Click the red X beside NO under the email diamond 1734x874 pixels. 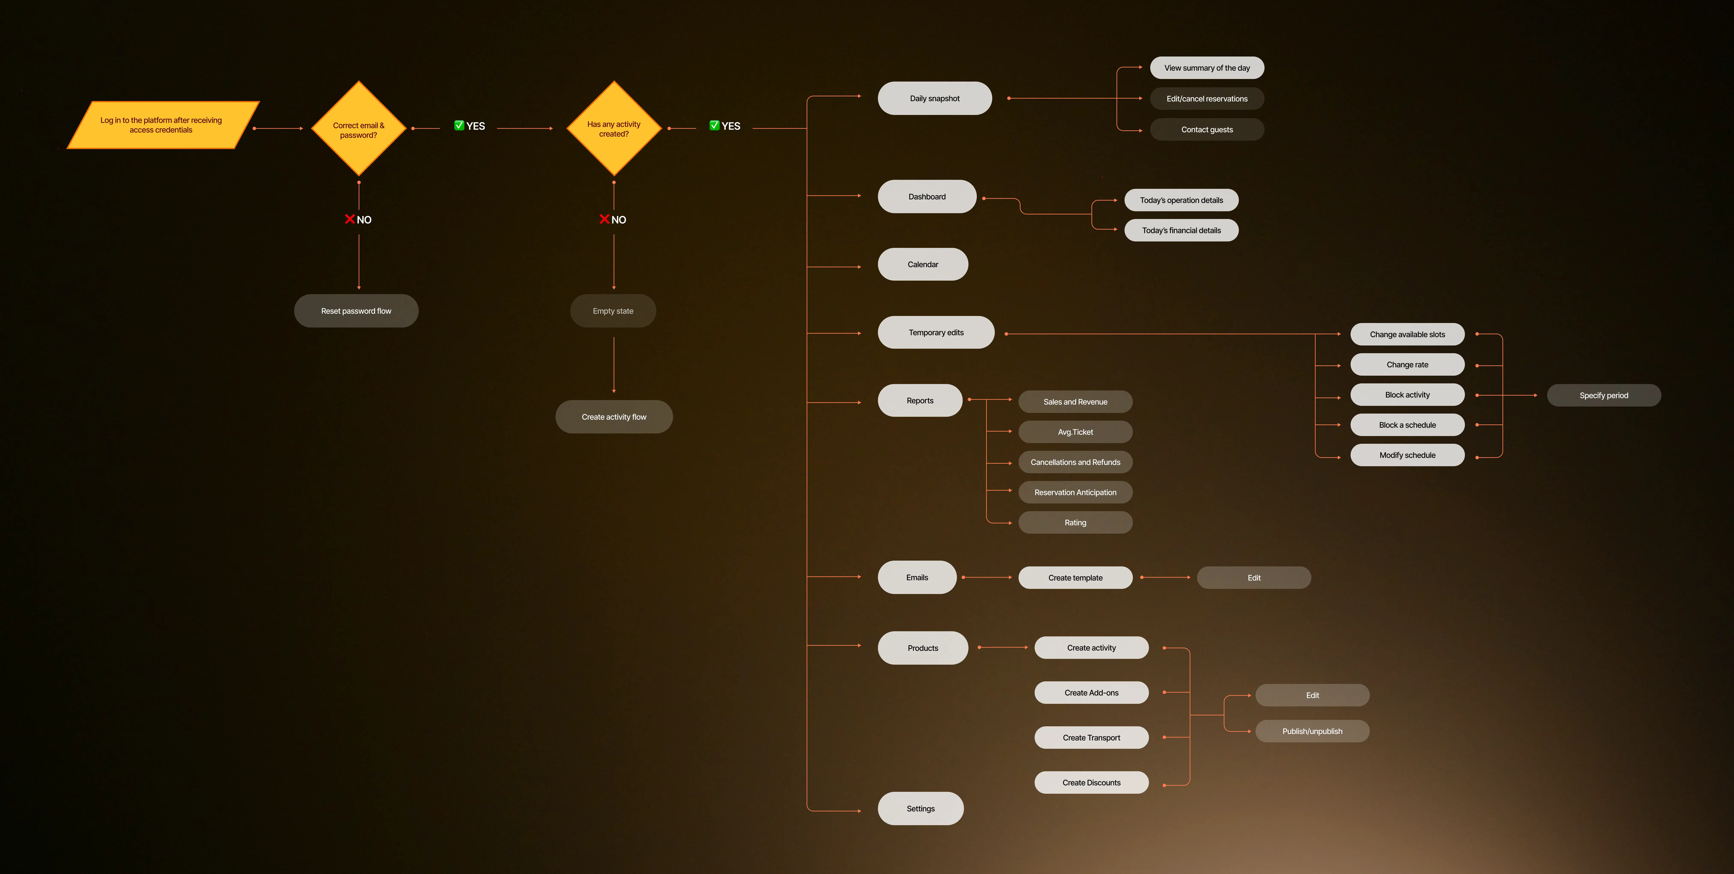[349, 219]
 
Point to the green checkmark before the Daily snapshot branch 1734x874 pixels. [714, 125]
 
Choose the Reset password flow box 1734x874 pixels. [356, 311]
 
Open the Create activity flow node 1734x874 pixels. [614, 417]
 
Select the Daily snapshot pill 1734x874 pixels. [934, 98]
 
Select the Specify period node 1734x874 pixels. [1603, 395]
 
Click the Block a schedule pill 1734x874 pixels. [1407, 425]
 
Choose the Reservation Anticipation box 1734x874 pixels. [1075, 492]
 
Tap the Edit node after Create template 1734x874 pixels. [1253, 578]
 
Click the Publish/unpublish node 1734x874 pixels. [1312, 731]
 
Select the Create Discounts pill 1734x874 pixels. [1091, 782]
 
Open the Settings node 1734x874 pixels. [920, 809]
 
